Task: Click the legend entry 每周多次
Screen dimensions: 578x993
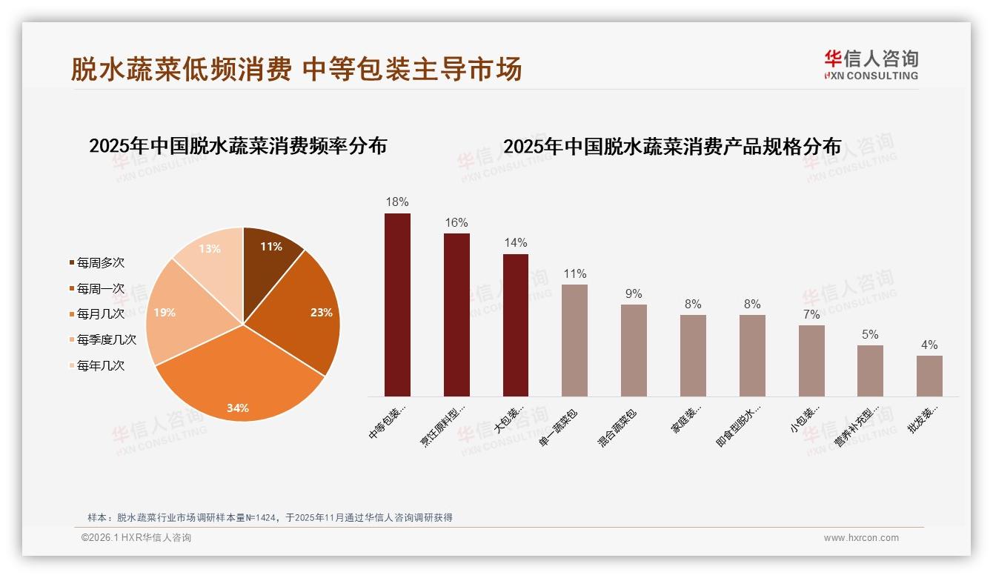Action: click(100, 262)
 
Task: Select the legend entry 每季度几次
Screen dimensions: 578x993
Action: click(106, 339)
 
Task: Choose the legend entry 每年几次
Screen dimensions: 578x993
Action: click(100, 365)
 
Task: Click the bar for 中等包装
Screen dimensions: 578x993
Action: click(397, 305)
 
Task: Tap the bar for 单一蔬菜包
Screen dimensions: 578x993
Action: click(574, 340)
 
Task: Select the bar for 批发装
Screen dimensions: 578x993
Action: click(929, 376)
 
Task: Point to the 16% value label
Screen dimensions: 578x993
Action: click(456, 222)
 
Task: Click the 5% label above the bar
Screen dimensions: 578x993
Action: click(870, 334)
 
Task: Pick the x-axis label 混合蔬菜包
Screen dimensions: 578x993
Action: click(617, 428)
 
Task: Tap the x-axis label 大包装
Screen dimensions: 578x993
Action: click(510, 419)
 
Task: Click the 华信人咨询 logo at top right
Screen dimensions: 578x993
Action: click(871, 64)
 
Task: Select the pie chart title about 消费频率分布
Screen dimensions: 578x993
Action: click(238, 146)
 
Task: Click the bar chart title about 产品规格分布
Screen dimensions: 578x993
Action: click(672, 147)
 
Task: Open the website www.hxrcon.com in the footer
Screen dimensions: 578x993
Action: click(861, 538)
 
